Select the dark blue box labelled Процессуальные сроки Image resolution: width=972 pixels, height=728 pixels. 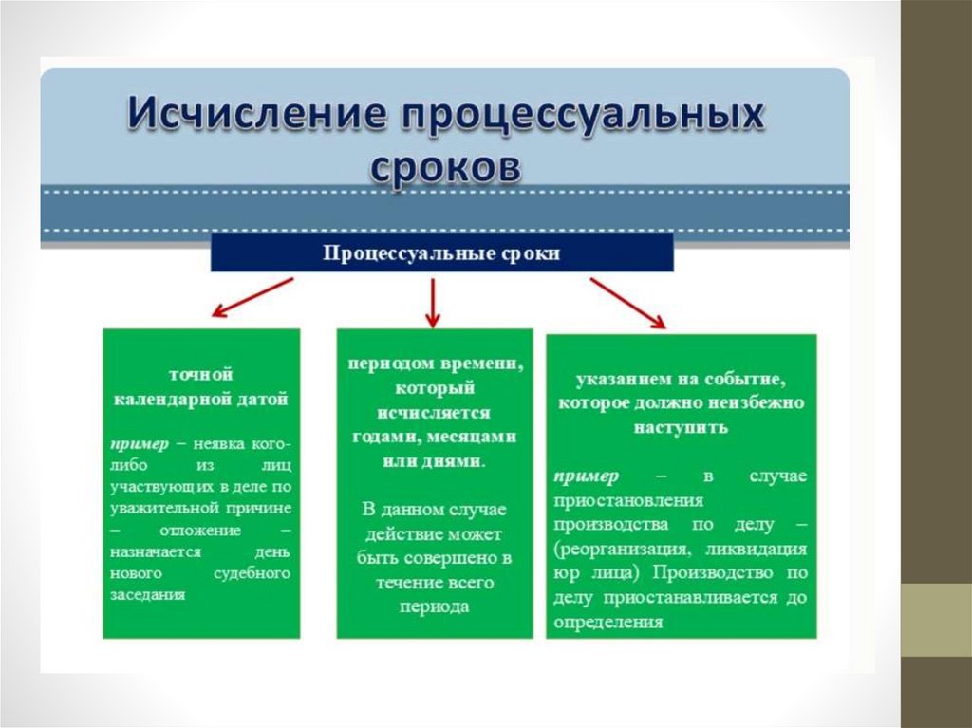pos(441,253)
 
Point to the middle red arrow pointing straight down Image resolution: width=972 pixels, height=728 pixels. pos(433,301)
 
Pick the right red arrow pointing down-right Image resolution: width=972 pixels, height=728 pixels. pos(627,302)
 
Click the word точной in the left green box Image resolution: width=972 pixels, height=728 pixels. pos(201,375)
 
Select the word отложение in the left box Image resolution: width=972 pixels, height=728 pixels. pos(199,529)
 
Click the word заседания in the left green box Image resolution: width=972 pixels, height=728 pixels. pos(147,594)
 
